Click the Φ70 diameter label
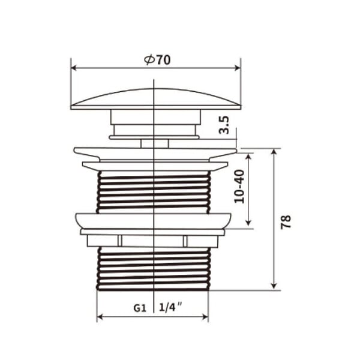tap(157, 60)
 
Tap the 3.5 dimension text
tap(224, 125)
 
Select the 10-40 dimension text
tap(239, 186)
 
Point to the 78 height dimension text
tap(286, 222)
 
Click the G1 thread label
tap(140, 308)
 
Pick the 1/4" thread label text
tap(170, 307)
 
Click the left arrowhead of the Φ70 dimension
tap(74, 68)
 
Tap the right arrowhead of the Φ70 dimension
tap(238, 68)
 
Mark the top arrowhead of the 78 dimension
tap(274, 152)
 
